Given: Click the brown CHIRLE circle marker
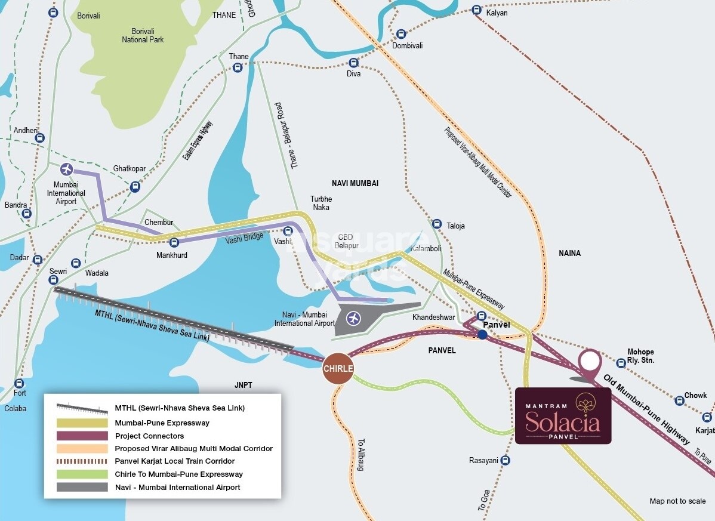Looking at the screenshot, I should pos(338,368).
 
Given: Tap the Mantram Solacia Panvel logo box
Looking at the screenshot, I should pos(563,416).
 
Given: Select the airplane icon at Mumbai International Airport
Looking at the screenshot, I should pos(66,169).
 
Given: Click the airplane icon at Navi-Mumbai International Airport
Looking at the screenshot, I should pos(353,318).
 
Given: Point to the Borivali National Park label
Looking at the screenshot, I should pos(143,35).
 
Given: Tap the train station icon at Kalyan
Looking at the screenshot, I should pos(476,10).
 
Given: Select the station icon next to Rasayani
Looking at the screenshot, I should pos(506,460).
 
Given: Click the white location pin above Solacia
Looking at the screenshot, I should pos(590,361).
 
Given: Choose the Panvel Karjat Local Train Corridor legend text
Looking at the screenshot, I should pos(175,461).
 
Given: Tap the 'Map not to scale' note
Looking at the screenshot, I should pos(677,501).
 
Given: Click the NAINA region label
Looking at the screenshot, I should pos(569,253).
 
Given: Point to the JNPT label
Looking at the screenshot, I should pos(243,386).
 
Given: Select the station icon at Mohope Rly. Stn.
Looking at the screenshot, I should pos(621,362).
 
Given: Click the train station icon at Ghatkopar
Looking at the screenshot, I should pos(135,187).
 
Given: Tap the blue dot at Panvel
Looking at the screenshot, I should pos(482,335).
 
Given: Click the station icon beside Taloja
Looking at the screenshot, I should pos(437,223).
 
